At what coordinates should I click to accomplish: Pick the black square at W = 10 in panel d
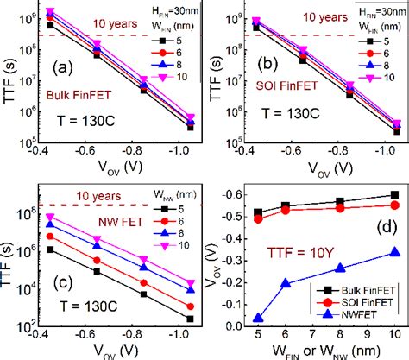click(x=395, y=195)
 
